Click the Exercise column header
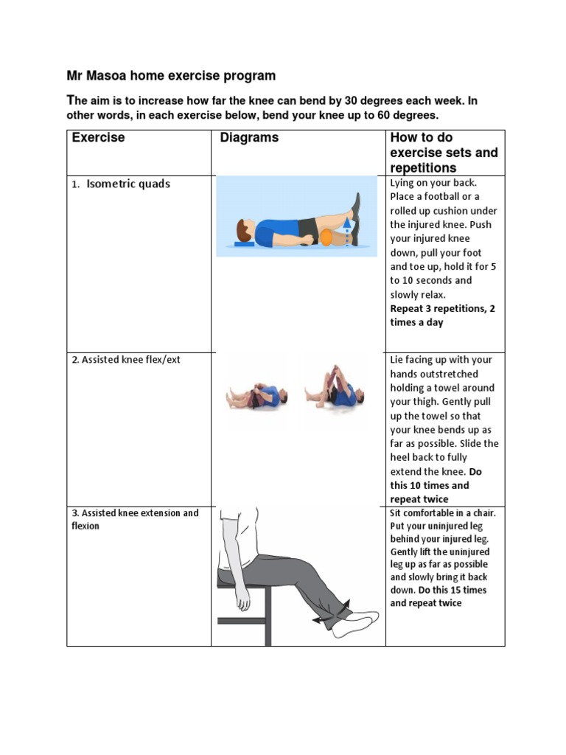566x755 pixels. (98, 138)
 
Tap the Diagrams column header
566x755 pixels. (249, 138)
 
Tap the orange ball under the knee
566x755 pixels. (326, 237)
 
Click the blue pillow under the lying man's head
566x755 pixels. (244, 243)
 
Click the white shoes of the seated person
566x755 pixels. (354, 623)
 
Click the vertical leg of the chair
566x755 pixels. (268, 616)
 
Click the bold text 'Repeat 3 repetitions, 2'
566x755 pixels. (442, 309)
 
